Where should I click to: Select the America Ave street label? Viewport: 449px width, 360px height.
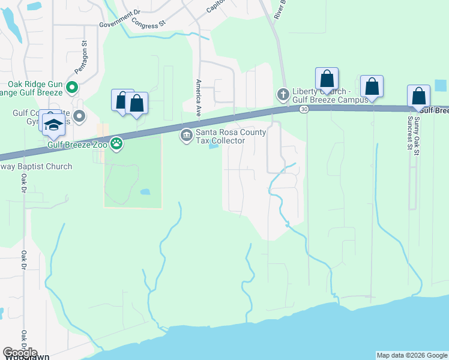197,97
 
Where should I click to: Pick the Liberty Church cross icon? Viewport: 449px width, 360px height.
283,94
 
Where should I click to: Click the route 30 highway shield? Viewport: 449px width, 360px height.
304,109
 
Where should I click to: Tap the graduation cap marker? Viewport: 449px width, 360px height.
53,124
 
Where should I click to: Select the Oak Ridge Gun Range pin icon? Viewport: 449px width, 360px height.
72,88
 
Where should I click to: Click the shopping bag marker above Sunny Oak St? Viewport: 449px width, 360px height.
418,96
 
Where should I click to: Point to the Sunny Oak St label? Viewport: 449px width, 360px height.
417,130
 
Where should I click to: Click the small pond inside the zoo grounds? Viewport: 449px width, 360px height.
145,192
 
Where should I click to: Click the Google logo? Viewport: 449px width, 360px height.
20,353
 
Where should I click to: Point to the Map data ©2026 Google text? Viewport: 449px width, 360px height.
412,355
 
